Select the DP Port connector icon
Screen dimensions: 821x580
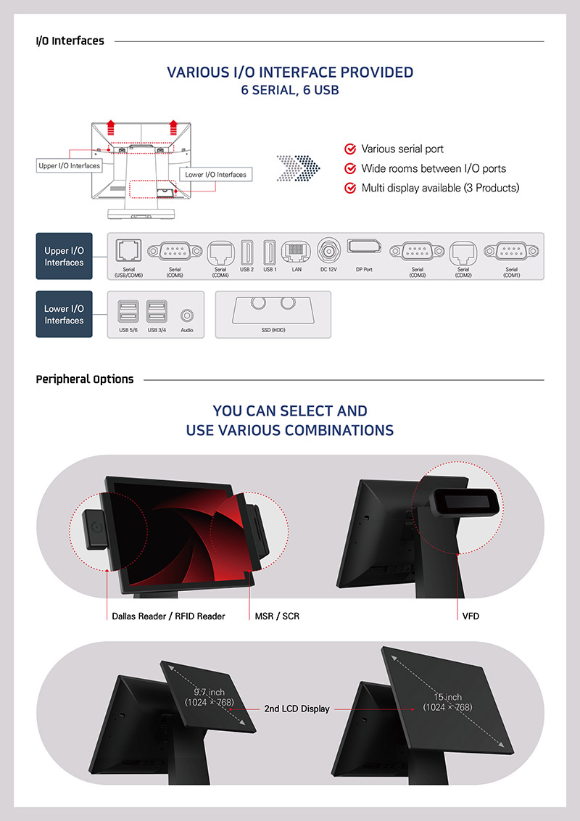(x=364, y=247)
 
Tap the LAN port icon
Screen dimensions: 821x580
(x=296, y=251)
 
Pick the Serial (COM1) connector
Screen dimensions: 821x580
(x=511, y=251)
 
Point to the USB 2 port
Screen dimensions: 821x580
(x=246, y=251)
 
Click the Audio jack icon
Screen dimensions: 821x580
(x=187, y=315)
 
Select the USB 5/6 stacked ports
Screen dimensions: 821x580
(x=128, y=313)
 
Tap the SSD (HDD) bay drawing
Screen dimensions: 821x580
(x=273, y=310)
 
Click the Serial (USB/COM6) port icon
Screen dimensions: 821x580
(x=128, y=251)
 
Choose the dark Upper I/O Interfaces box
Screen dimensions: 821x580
(x=64, y=257)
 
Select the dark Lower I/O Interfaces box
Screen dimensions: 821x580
(x=64, y=314)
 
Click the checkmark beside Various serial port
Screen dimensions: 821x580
(x=350, y=149)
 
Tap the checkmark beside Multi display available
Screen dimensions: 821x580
(x=350, y=188)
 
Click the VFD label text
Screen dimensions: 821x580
(x=471, y=616)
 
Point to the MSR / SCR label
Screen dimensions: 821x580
(x=277, y=616)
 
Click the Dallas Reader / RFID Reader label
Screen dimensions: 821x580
(x=168, y=616)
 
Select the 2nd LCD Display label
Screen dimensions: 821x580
(x=296, y=709)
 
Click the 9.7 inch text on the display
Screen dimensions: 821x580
(x=209, y=693)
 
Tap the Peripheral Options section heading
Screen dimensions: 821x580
(x=85, y=379)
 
